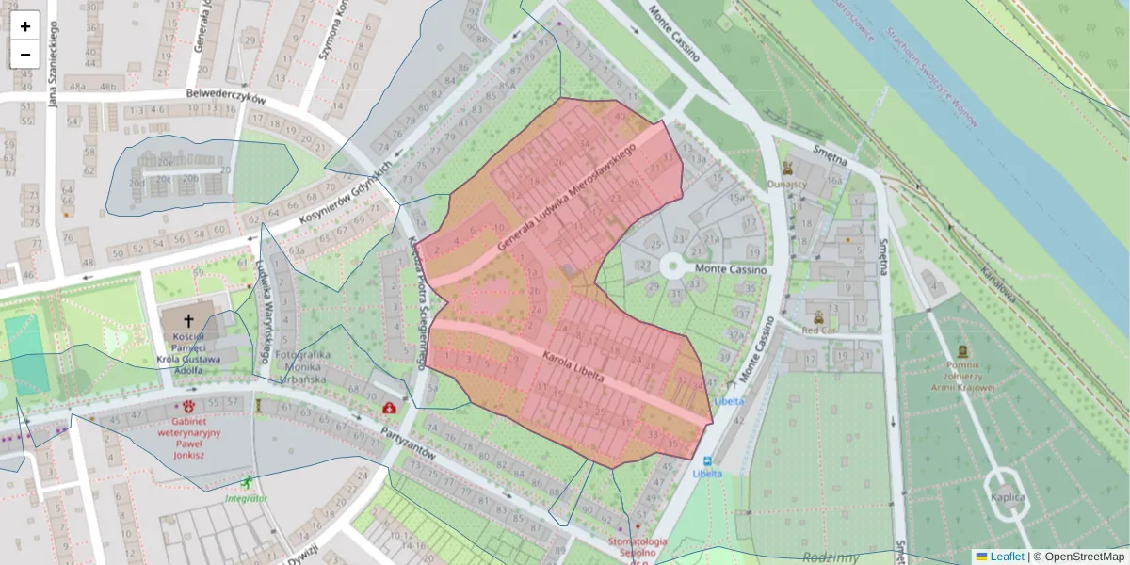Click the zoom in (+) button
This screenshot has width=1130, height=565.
coord(25,26)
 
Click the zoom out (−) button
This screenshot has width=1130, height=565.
coord(25,55)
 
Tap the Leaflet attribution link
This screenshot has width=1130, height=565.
coord(1007,557)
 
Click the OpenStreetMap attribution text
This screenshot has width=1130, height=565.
coord(1083,557)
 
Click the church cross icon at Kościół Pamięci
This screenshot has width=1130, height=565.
coord(188,320)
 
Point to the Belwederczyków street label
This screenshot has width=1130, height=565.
coord(226,96)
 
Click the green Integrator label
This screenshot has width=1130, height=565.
coord(246,498)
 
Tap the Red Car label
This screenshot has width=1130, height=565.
coord(817,331)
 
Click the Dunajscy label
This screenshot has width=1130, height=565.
coord(787,184)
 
